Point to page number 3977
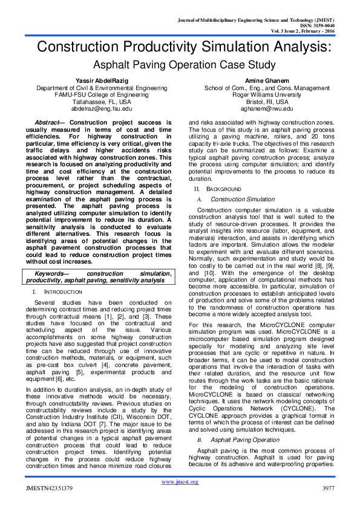coord(329,488)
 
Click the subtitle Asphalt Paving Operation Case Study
coord(180,64)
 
